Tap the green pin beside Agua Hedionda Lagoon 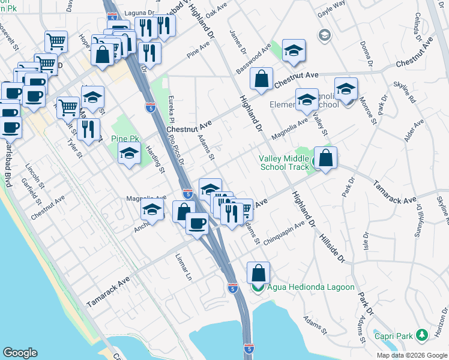point(258,288)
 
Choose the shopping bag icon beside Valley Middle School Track point(325,159)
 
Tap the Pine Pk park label point(125,139)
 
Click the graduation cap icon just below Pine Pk point(129,154)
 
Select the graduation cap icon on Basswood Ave point(294,51)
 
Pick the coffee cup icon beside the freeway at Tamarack point(196,223)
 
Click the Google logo point(20,352)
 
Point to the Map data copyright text point(412,355)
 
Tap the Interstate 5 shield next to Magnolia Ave point(187,194)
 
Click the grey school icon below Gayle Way point(325,35)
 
